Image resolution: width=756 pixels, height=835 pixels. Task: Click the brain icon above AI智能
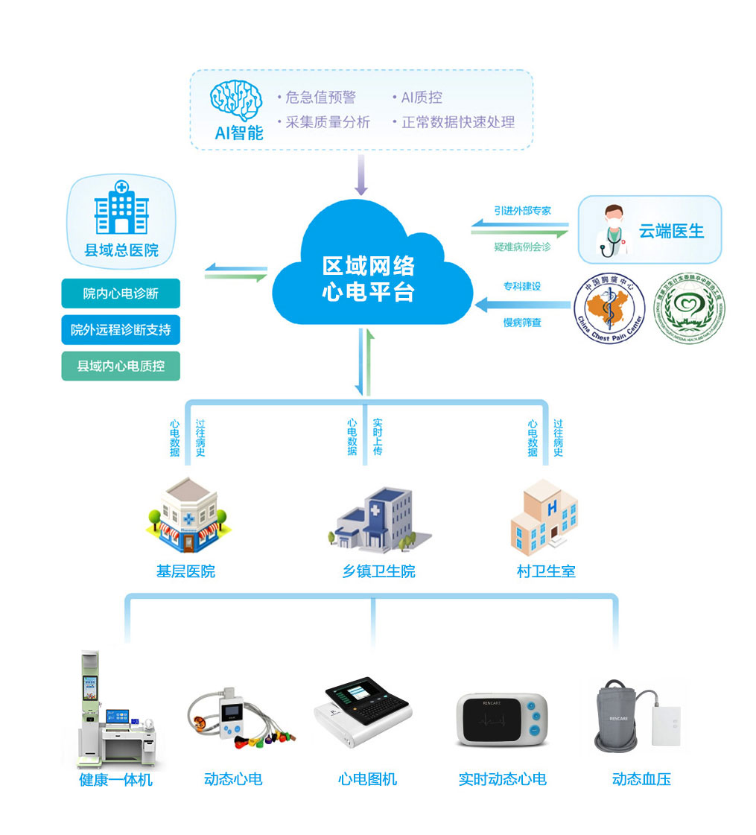click(236, 101)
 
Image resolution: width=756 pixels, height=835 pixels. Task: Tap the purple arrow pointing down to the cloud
click(361, 176)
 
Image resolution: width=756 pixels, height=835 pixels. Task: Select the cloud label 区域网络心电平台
click(368, 279)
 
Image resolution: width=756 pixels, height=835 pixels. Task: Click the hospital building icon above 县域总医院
click(121, 208)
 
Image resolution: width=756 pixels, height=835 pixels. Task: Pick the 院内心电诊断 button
click(121, 293)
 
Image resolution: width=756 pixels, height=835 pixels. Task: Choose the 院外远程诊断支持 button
click(121, 329)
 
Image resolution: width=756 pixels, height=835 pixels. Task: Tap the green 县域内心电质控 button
click(121, 366)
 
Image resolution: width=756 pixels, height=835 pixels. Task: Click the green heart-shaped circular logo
click(689, 308)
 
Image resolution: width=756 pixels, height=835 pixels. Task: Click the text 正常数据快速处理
click(457, 122)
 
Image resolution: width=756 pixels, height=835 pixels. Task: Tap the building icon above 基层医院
click(185, 514)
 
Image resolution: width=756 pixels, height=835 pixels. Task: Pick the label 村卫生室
click(546, 572)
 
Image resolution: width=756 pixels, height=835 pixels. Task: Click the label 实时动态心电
click(502, 779)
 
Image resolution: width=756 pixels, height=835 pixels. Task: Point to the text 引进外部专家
click(522, 211)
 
